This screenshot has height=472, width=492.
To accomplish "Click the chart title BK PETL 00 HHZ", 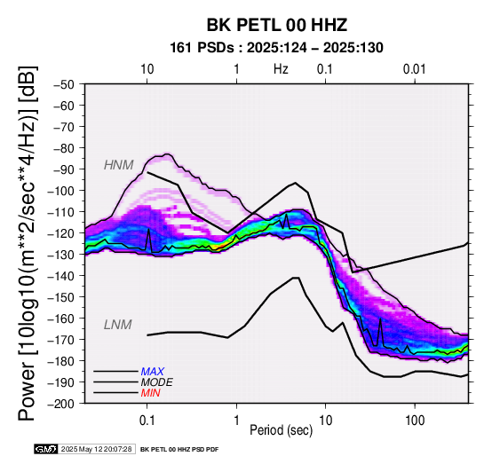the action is (277, 25).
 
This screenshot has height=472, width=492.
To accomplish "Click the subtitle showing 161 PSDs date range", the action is (276, 48).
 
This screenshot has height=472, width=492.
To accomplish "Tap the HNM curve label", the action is (119, 165).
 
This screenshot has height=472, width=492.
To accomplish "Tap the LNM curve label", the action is (117, 325).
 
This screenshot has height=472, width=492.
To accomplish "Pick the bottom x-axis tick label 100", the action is (415, 421).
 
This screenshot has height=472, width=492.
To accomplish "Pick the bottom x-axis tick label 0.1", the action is (147, 421).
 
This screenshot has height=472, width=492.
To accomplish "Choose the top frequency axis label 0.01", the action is (415, 69).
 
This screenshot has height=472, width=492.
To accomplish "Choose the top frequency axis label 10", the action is (147, 69).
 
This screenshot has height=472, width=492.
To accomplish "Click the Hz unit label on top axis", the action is (281, 69).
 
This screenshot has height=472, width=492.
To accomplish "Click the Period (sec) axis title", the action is (282, 430).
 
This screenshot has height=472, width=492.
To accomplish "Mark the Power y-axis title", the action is (27, 243).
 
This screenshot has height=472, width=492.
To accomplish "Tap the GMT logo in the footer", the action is (46, 449).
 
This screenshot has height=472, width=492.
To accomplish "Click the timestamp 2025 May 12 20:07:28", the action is (96, 449).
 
